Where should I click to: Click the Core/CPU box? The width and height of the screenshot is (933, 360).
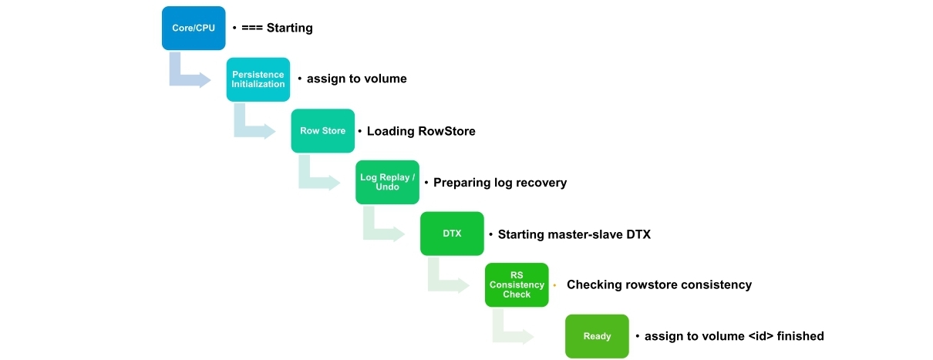tap(194, 28)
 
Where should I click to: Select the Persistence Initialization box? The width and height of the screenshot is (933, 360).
tap(258, 79)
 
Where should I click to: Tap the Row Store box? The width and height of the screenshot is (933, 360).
tap(323, 131)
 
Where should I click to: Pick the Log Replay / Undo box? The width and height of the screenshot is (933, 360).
tap(387, 182)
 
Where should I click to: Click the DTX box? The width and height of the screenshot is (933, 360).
tap(452, 234)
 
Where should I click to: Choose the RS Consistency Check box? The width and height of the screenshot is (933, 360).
tap(517, 285)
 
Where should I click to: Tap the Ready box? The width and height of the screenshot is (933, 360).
tap(597, 336)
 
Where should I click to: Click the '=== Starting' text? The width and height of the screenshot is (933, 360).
tap(277, 28)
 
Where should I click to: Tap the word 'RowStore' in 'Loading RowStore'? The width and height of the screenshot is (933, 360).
tap(447, 131)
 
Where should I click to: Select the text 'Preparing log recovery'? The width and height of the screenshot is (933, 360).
tap(500, 183)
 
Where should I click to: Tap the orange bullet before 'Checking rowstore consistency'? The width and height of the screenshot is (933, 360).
tap(555, 285)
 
